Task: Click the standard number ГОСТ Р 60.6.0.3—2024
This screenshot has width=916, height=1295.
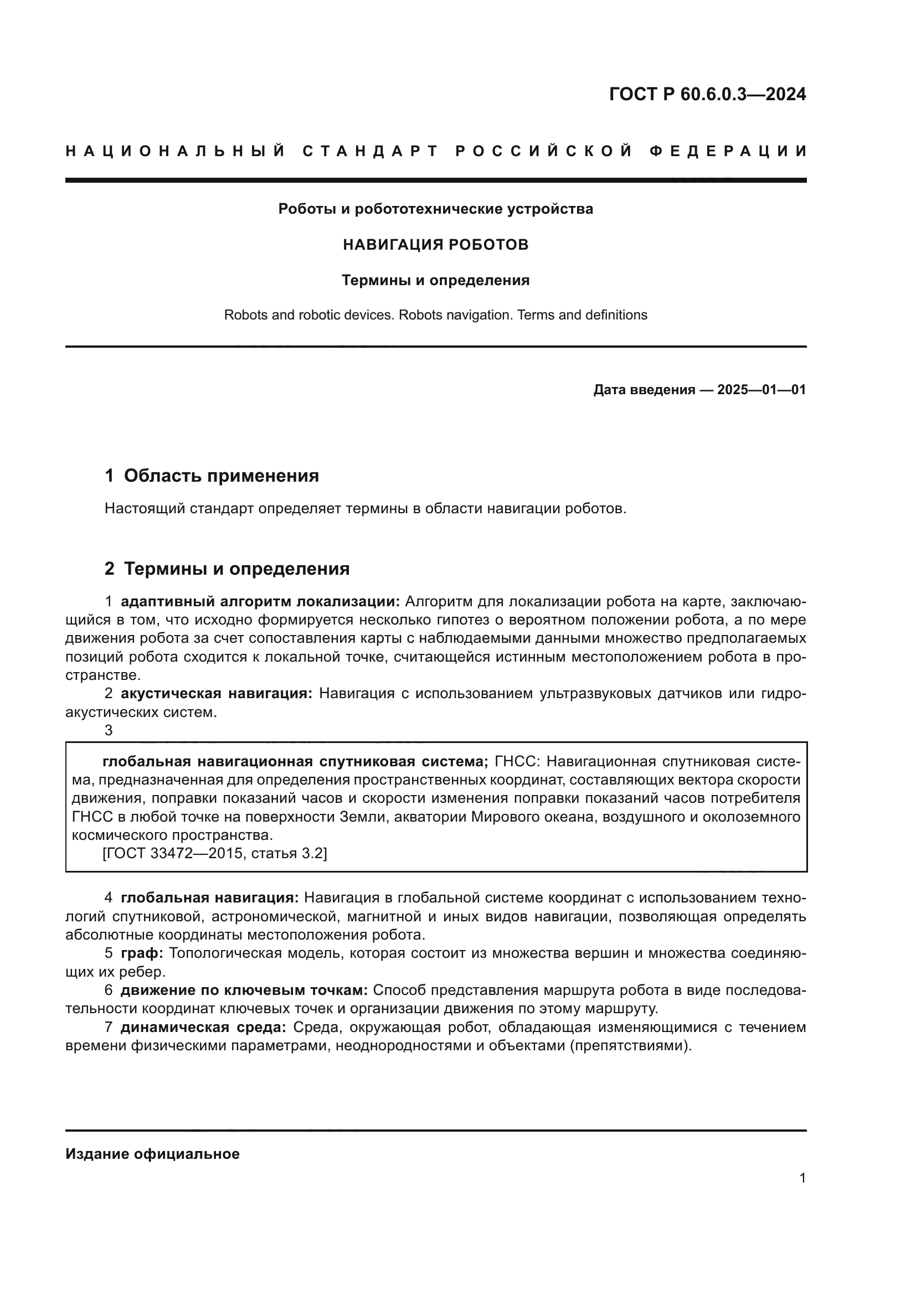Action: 707,94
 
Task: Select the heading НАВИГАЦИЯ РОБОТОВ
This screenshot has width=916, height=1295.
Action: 435,245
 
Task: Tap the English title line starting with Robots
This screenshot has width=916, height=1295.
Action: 435,314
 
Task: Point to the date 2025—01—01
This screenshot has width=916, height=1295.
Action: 761,390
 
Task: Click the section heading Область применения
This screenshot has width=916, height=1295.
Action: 221,476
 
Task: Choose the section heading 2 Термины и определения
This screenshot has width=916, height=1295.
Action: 227,569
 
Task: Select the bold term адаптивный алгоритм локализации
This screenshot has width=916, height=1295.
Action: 260,601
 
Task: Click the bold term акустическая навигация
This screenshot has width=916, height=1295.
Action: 216,694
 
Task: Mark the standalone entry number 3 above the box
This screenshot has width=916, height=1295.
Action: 109,730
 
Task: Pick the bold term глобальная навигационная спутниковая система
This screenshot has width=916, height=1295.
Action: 295,762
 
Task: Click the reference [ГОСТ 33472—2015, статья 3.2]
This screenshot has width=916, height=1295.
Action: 214,853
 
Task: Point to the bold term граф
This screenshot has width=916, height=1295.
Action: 142,953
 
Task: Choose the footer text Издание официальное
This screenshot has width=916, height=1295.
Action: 152,1154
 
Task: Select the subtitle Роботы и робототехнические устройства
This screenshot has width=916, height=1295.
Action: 435,209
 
